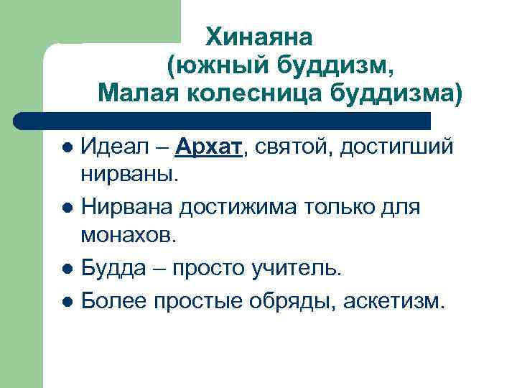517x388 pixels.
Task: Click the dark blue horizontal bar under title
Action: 223,121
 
